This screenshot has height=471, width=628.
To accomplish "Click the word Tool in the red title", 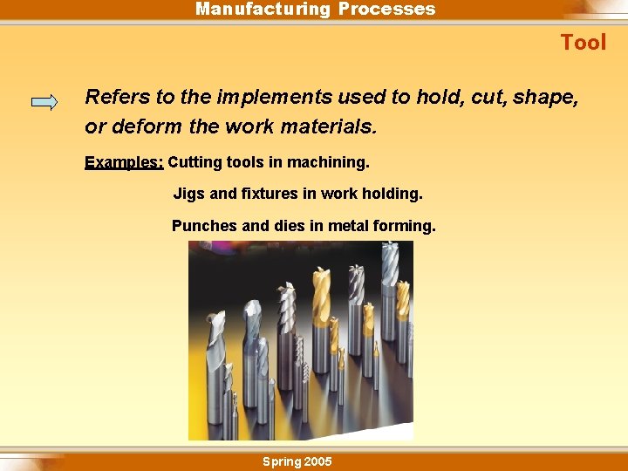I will coord(583,43).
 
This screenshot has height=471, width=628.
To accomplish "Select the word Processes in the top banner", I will coord(386,10).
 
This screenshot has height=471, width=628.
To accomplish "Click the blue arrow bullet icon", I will coord(44,102).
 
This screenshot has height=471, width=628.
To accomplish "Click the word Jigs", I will coord(189,194).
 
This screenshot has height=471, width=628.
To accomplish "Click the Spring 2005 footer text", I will coord(297,461).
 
